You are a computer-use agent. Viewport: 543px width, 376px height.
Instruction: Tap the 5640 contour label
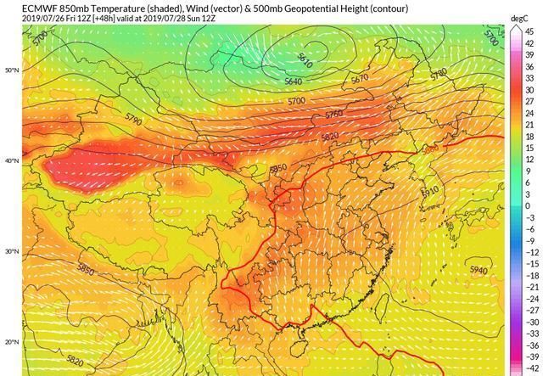pos(292,81)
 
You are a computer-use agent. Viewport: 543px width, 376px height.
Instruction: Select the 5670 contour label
pos(360,78)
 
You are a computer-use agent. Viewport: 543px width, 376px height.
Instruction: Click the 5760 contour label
pos(334,114)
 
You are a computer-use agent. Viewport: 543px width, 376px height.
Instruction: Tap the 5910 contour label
pos(431,193)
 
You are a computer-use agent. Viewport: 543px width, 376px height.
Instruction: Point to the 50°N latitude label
pos(10,70)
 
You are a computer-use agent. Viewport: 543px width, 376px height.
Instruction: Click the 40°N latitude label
pos(10,160)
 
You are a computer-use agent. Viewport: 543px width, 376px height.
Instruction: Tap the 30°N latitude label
pos(10,251)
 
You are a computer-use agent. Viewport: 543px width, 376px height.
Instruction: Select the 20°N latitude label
pos(10,342)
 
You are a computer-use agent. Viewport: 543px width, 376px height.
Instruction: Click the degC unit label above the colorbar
pos(520,18)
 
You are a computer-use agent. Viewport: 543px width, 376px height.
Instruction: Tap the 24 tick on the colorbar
pos(527,113)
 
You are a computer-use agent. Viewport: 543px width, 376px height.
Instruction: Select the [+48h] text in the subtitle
pos(105,18)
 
